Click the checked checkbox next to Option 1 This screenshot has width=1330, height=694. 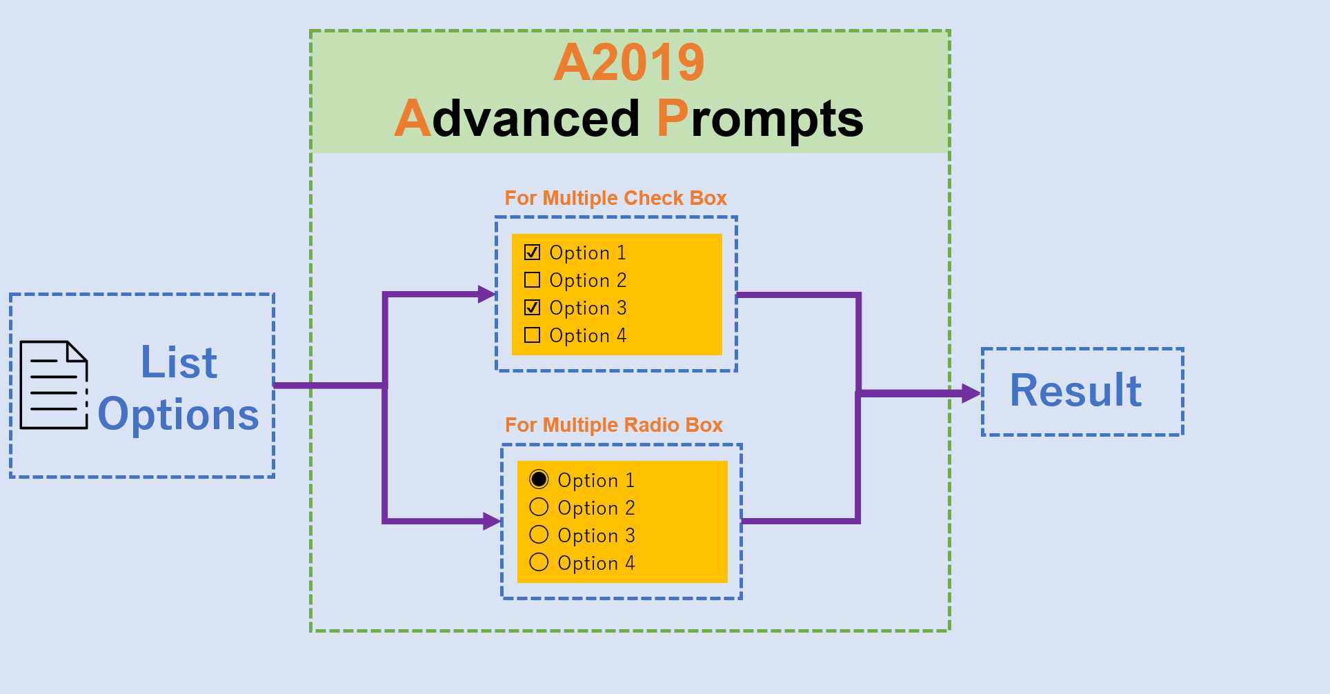coord(532,252)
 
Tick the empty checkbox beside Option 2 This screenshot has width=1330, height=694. coord(532,280)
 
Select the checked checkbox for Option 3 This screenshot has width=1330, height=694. coord(532,308)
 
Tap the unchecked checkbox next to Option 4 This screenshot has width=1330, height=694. coord(532,335)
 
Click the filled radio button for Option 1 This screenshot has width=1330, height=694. coord(539,479)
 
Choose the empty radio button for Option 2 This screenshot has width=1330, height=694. coord(539,507)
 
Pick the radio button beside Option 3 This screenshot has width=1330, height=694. coord(539,535)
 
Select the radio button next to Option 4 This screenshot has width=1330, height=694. coord(539,562)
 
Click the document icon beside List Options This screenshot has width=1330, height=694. coord(54,385)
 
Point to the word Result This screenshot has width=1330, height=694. coord(1075,391)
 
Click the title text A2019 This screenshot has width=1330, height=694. coord(629,63)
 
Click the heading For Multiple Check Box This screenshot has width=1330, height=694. coord(615,199)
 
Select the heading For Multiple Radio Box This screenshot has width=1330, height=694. coord(613,425)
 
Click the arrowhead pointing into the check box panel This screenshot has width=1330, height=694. coord(487,295)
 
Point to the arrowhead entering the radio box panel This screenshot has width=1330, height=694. coord(492,521)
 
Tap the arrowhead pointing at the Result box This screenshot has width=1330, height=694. coord(971,393)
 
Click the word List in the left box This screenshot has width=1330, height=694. coord(179,362)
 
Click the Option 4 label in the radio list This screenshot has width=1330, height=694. coord(596,564)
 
